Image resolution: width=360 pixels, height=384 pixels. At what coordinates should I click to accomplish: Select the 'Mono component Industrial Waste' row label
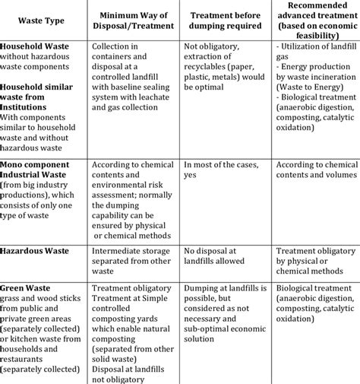38,170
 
